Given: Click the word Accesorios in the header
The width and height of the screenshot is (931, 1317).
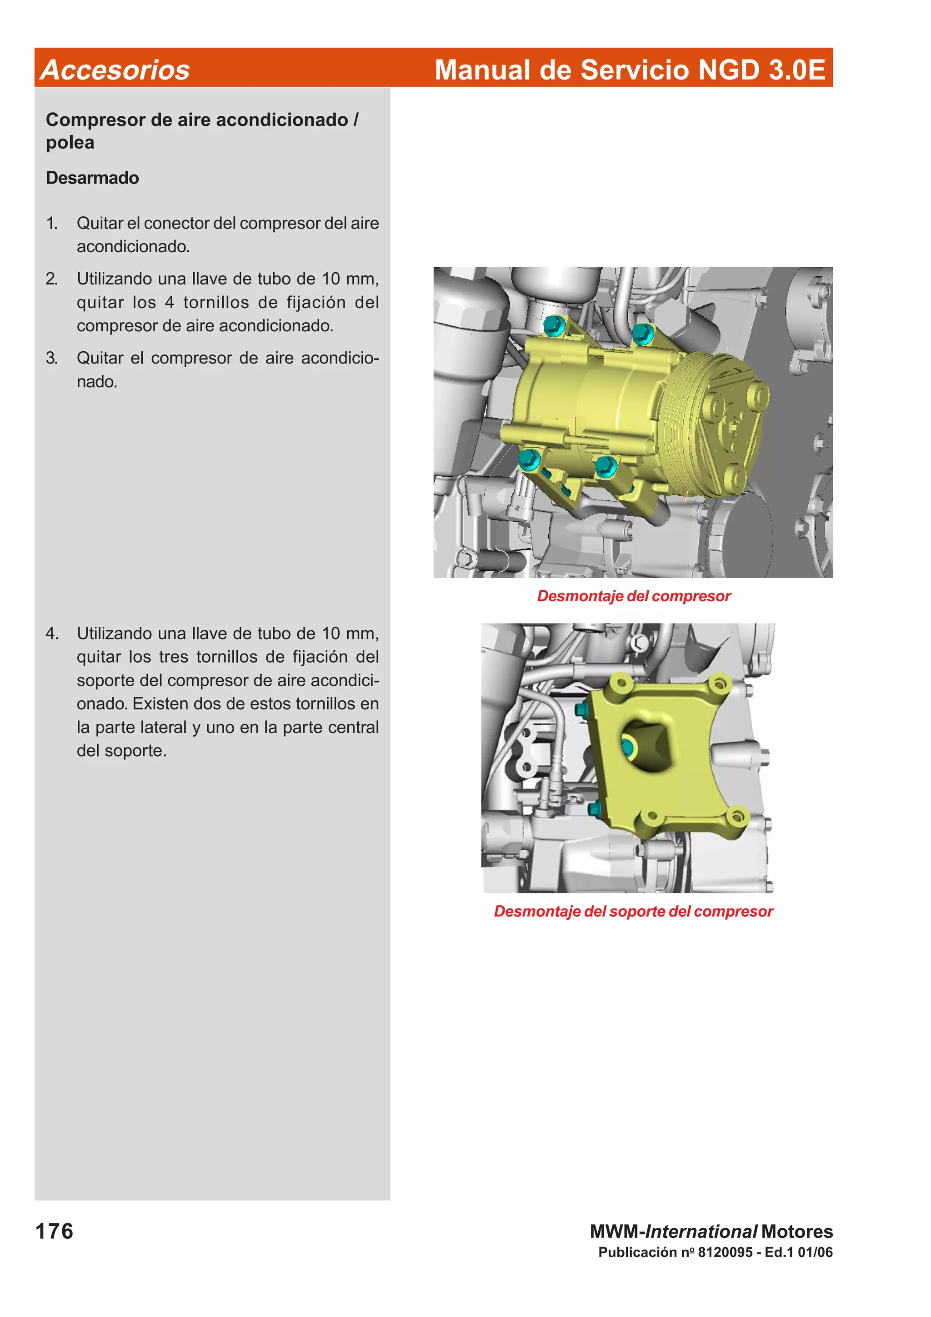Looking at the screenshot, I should pos(115,70).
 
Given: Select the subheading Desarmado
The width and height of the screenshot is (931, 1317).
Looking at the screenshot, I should pos(92,178).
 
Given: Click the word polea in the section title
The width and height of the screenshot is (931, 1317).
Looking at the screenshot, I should pos(70,143).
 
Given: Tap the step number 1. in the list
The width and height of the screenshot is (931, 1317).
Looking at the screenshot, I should pos(52,223).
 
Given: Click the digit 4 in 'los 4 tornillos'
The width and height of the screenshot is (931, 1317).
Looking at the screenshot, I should pos(170,302).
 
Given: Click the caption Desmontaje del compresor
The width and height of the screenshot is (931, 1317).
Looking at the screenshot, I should pos(633,596).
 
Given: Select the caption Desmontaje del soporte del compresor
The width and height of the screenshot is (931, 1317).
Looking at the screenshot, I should pos(633,912).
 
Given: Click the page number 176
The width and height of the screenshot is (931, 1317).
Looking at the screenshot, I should pos(55,1232).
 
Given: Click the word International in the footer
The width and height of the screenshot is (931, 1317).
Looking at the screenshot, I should pos(701,1232).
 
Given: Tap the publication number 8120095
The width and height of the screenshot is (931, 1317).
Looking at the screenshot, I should pos(725,1252).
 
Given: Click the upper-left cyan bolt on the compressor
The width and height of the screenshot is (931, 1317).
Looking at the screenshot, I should pos(553,326).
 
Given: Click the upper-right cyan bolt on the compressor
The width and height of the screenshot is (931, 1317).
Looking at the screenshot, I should pos(642,332).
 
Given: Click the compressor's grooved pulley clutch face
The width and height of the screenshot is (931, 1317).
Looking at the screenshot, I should pos(729,424).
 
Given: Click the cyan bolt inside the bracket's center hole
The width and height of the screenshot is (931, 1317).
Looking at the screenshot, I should pos(627,746).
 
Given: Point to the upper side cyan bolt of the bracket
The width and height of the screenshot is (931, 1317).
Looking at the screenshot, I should pos(579,709).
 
